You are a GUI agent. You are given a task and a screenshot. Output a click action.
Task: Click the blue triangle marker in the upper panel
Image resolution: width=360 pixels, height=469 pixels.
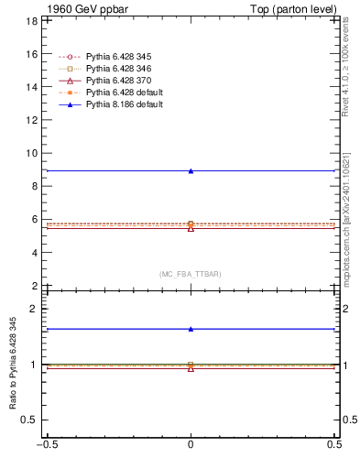(191, 170)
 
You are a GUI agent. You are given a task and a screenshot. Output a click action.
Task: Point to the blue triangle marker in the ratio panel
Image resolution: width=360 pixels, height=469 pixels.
(191, 329)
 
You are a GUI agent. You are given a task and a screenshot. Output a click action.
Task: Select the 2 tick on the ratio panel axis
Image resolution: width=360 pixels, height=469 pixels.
(32, 309)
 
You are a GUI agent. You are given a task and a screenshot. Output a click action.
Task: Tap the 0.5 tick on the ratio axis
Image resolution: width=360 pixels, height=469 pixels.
(28, 420)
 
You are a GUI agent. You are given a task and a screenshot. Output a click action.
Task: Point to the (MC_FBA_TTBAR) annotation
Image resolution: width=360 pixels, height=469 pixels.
(191, 274)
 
